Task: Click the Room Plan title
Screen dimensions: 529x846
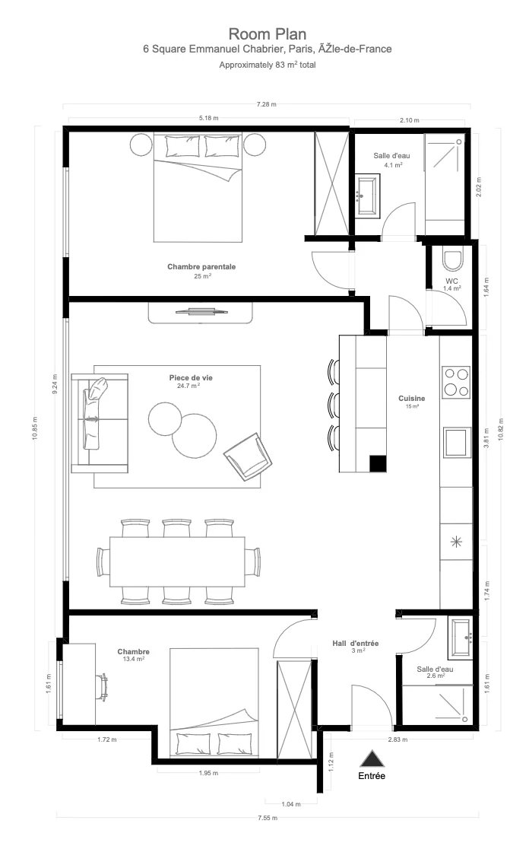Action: point(268,34)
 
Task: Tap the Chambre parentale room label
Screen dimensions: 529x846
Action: point(201,266)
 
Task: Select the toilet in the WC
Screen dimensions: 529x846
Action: point(452,259)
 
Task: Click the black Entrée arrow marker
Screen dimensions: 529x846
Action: point(372,759)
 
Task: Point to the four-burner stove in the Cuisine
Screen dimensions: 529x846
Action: point(456,382)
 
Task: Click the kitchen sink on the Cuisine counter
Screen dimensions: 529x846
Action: point(456,443)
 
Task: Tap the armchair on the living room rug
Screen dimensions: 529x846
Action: point(248,456)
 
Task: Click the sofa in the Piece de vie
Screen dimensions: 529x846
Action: point(100,422)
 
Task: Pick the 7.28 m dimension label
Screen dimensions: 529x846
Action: point(266,104)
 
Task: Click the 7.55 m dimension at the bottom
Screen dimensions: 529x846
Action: point(268,818)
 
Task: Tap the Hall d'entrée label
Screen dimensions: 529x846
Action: point(356,643)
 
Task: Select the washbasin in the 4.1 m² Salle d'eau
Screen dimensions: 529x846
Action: point(368,196)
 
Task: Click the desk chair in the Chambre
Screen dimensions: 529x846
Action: point(102,687)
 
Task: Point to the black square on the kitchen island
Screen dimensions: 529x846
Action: point(378,463)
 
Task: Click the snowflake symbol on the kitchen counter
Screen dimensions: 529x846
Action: point(456,542)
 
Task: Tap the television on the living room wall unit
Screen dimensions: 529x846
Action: point(200,310)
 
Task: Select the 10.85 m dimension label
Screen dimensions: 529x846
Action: point(35,428)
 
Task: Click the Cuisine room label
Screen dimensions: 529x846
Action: point(412,398)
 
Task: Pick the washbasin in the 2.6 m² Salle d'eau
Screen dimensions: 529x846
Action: point(461,638)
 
